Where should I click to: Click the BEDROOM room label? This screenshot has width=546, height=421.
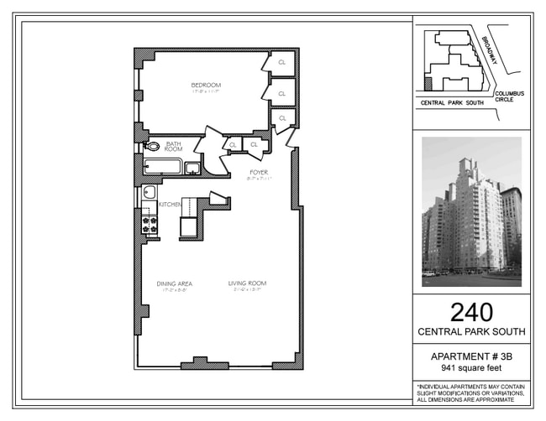205,85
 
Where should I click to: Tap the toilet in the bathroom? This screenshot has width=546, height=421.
152,146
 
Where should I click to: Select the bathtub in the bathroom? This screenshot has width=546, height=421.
163,167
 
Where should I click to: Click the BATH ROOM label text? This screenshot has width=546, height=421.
174,146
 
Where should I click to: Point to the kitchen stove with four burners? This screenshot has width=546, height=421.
150,224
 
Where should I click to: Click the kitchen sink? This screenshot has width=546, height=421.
149,193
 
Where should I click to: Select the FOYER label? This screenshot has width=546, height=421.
258,173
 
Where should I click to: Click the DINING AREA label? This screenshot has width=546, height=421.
175,283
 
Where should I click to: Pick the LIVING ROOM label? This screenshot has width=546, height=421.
247,283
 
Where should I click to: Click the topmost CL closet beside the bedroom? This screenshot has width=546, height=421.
282,62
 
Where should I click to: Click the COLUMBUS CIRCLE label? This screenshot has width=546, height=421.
509,96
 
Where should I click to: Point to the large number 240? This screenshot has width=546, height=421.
471,312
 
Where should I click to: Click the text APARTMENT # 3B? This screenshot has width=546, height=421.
471,356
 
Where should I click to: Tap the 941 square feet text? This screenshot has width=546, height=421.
471,367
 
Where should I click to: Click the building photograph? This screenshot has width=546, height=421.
471,212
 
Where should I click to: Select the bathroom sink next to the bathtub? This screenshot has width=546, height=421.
192,168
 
